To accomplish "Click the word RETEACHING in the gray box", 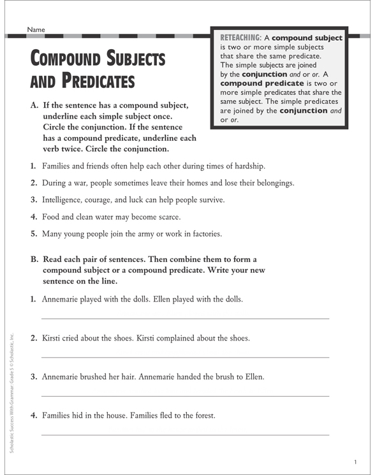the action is pos(241,38).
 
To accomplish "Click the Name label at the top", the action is pos(36,29).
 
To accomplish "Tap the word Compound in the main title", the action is pos(70,60).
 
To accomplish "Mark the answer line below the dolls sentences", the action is pos(185,318).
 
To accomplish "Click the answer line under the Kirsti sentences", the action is pos(185,356).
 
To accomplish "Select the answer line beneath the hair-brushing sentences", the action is pos(185,395).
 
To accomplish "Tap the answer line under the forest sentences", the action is pos(185,434).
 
